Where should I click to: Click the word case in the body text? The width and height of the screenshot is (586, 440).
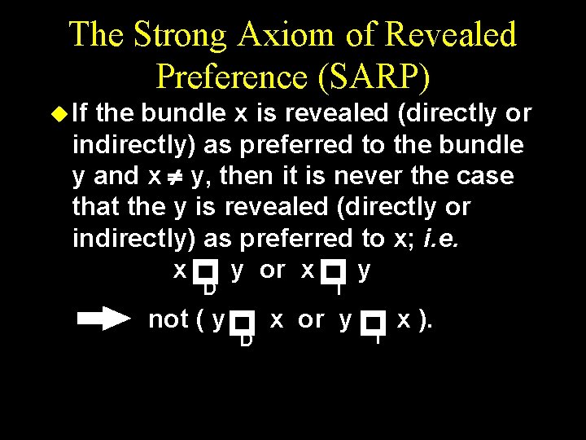(x=484, y=176)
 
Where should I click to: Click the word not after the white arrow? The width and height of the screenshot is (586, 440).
(x=168, y=319)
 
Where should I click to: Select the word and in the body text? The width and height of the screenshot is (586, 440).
(x=117, y=176)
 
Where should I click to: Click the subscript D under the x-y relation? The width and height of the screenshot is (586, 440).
(x=209, y=289)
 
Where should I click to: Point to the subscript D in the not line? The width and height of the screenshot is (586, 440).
(x=245, y=340)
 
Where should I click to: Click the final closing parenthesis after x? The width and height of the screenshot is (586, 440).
(x=425, y=320)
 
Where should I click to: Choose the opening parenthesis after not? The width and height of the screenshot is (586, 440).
(x=200, y=320)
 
